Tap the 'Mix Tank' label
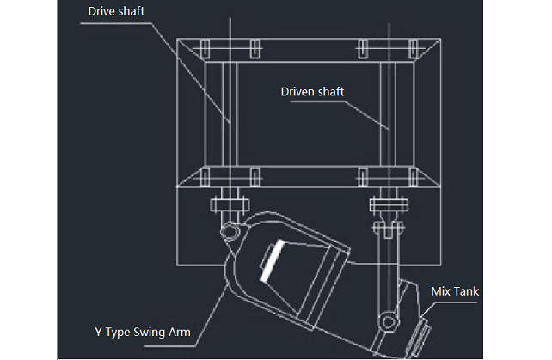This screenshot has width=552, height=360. click(x=455, y=291)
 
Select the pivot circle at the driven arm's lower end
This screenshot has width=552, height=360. click(x=389, y=321)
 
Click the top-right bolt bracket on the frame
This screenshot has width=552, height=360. click(x=414, y=45)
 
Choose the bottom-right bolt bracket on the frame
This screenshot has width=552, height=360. click(x=414, y=177)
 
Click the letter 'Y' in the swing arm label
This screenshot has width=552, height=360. click(x=96, y=331)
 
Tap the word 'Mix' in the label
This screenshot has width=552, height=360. click(x=440, y=291)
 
